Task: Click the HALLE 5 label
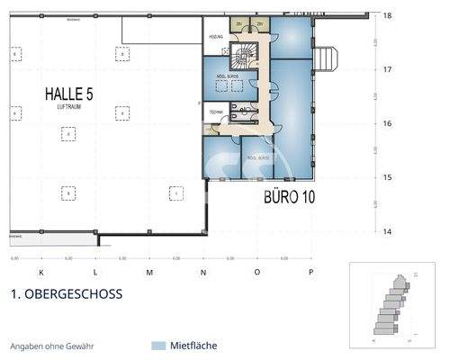[68, 94]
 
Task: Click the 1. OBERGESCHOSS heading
[66, 293]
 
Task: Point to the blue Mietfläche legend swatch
[159, 346]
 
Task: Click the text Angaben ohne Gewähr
[51, 346]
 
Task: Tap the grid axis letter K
[40, 271]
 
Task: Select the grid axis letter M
[148, 271]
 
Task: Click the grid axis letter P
[310, 271]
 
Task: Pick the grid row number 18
[387, 16]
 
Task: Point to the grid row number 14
[387, 231]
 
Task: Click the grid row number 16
[387, 123]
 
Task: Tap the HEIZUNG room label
[216, 37]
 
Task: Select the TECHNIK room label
[216, 111]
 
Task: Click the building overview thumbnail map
[391, 304]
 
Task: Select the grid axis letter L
[94, 271]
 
